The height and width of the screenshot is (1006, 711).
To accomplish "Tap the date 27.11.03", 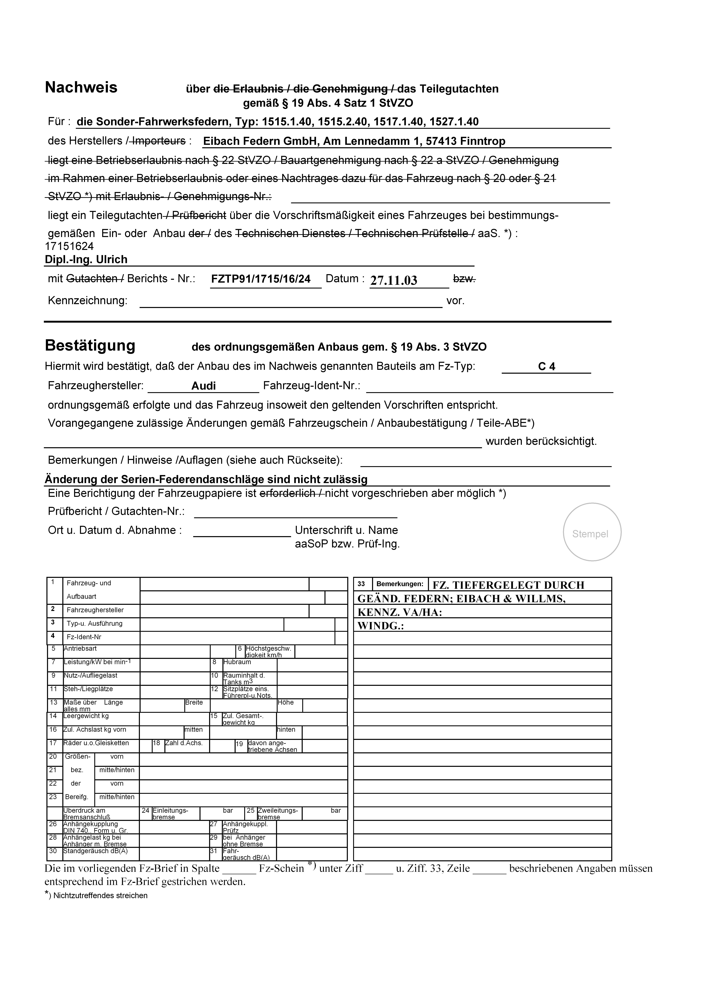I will (x=393, y=280).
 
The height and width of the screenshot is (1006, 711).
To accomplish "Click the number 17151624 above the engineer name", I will (x=69, y=246).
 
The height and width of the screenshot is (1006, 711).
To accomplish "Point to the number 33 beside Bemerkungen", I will (x=361, y=584).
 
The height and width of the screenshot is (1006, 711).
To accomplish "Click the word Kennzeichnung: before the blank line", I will (x=88, y=301).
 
